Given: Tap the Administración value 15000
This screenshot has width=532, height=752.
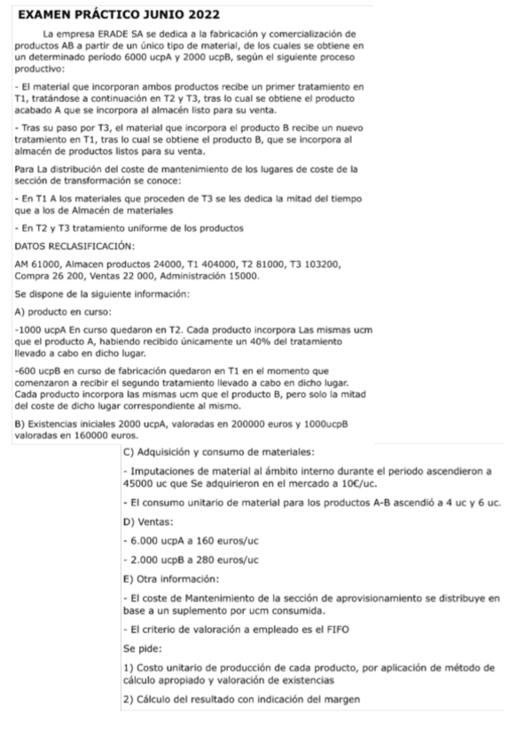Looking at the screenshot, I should (x=242, y=277).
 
